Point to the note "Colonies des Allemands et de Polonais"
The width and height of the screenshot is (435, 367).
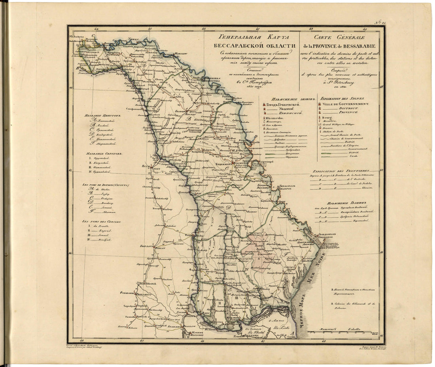coord(353,306)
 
